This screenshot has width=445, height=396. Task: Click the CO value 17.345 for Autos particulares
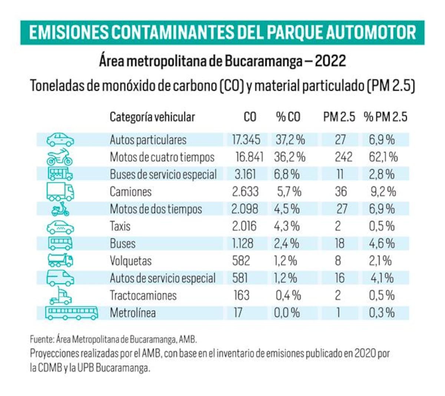click(x=246, y=140)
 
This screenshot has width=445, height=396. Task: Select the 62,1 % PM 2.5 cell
click(x=383, y=157)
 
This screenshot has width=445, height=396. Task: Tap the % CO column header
click(x=288, y=117)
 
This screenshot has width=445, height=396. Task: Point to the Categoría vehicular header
click(x=152, y=117)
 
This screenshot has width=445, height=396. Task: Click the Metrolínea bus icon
click(x=72, y=313)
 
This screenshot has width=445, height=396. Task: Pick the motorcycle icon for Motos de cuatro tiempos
click(x=60, y=157)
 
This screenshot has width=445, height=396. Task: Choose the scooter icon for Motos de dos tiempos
click(x=60, y=209)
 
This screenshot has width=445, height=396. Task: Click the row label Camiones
click(x=131, y=192)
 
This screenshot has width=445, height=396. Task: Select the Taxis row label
click(x=120, y=226)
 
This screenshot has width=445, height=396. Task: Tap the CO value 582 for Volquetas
click(x=241, y=261)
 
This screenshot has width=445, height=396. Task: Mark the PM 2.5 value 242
click(x=343, y=157)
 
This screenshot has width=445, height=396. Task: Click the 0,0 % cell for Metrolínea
click(x=287, y=313)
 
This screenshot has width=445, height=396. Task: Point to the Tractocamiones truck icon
click(x=60, y=295)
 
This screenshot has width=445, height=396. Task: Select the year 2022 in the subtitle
click(x=330, y=61)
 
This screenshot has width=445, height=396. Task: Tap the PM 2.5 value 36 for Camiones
click(x=341, y=192)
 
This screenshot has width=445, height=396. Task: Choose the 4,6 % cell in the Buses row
click(x=382, y=243)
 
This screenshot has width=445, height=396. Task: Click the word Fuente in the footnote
click(x=41, y=339)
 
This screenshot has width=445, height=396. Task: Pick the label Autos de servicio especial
click(x=162, y=278)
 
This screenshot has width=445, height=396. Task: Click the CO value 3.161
click(x=245, y=174)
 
